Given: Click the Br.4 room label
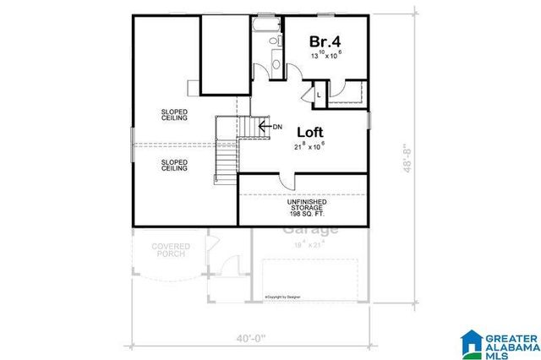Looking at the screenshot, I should [325, 41].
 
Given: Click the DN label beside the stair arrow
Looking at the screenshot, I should [277, 127].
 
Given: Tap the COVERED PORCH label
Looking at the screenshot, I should [171, 251].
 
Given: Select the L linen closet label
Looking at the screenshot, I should [318, 95].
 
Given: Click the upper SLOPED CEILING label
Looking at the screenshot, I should [174, 114].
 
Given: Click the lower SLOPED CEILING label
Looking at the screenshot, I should [174, 165].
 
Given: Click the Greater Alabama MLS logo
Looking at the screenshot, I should [499, 343].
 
